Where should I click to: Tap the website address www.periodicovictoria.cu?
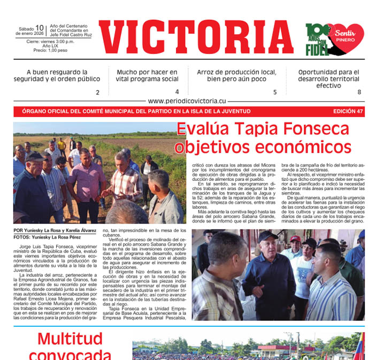click(187, 101)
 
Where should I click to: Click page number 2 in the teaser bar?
click(97, 93)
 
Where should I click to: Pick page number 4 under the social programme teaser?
click(177, 92)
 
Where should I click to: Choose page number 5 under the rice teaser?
click(275, 92)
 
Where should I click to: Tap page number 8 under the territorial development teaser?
click(359, 92)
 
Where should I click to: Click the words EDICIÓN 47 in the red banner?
click(348, 111)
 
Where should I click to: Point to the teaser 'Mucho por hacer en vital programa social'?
click(147, 75)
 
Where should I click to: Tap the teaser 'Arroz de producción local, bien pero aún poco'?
click(236, 75)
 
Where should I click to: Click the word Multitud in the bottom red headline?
click(70, 339)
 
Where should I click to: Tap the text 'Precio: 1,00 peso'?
click(50, 50)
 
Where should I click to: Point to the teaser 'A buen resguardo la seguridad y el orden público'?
click(57, 75)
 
